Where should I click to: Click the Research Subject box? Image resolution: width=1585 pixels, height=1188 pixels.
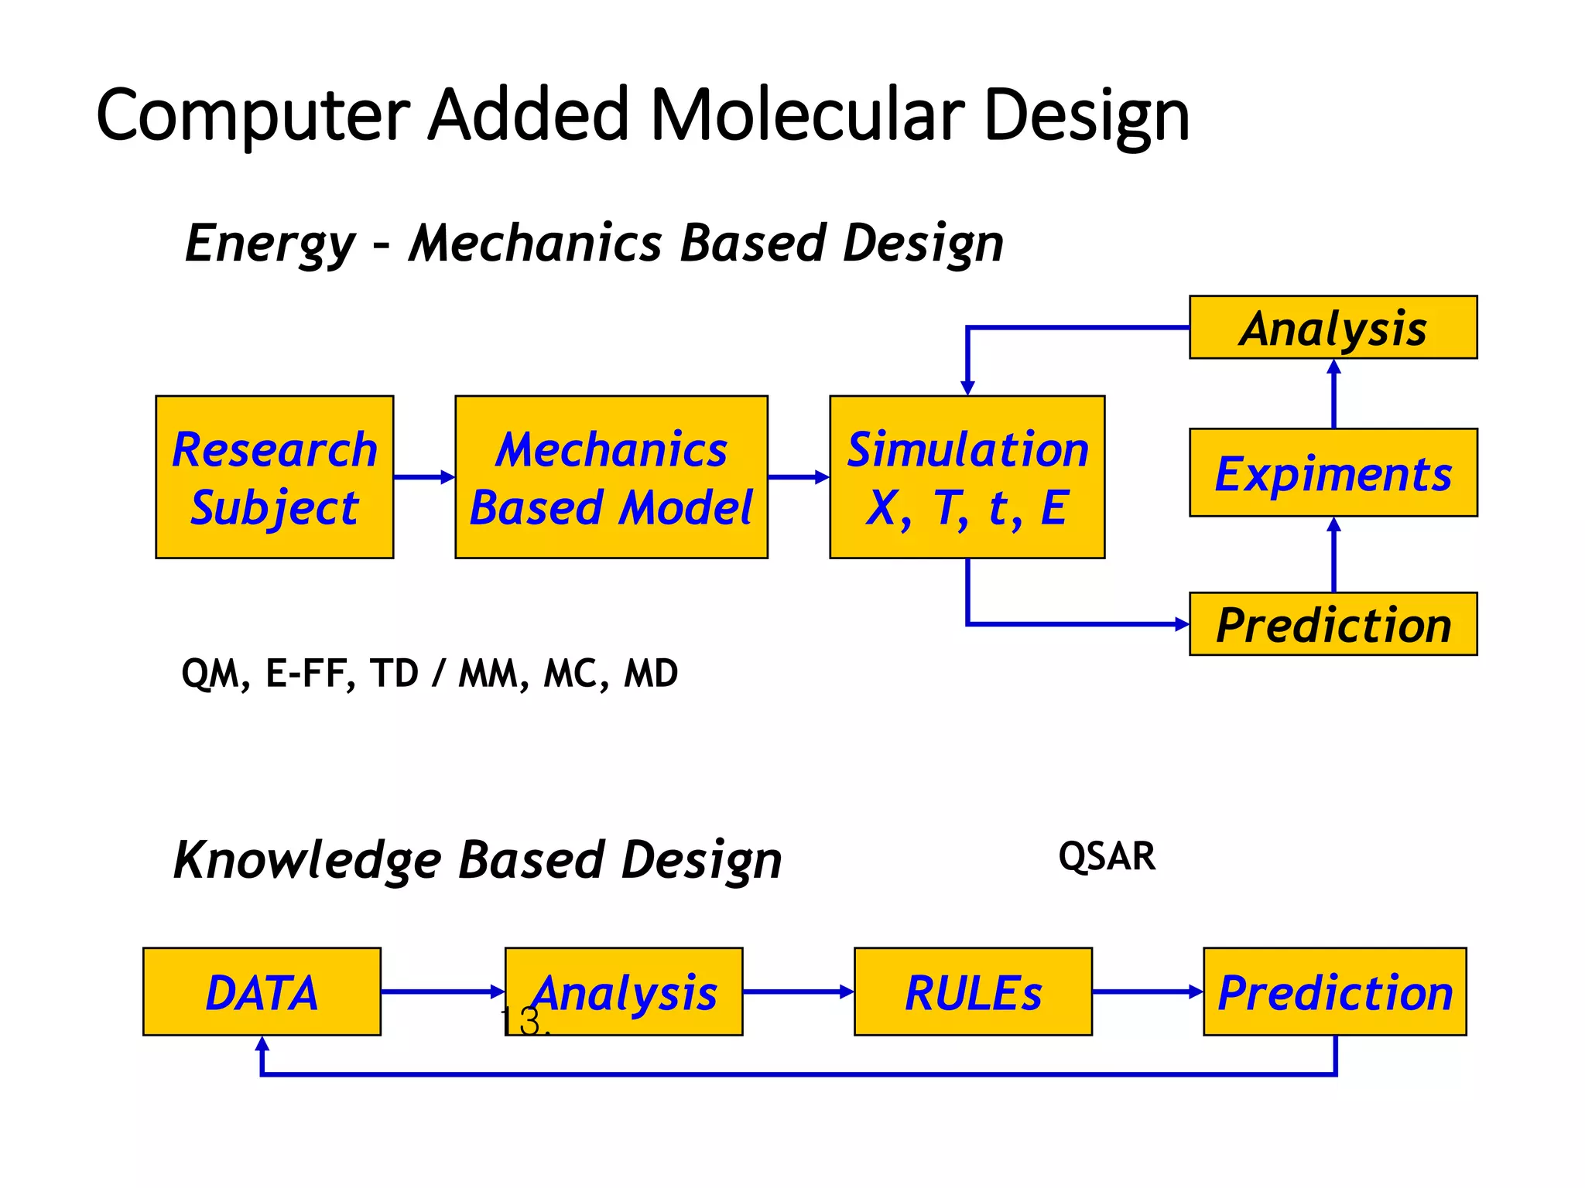point(274,477)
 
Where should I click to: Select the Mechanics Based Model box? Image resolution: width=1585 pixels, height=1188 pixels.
point(611,477)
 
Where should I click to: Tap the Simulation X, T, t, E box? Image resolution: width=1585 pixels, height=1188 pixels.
point(967,477)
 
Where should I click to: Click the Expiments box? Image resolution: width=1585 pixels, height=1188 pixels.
point(1333,473)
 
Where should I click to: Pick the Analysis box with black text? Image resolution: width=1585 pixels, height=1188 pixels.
point(1333,327)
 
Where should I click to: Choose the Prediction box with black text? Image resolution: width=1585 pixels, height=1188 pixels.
point(1333,624)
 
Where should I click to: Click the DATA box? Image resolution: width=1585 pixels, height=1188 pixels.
point(262,992)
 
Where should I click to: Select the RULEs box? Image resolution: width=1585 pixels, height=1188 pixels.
point(973,992)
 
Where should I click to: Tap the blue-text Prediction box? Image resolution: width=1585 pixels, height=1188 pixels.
point(1334,992)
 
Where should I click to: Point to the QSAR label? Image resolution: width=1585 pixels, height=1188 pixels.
point(1106,857)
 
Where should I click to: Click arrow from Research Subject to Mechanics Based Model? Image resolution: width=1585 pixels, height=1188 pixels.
point(423,477)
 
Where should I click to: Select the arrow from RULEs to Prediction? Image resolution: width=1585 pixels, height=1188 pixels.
point(1147,992)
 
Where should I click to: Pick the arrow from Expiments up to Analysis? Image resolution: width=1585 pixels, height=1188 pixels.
point(1333,394)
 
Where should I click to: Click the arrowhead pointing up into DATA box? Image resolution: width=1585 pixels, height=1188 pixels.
point(262,1045)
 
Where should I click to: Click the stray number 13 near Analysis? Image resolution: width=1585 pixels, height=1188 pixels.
point(522,1021)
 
